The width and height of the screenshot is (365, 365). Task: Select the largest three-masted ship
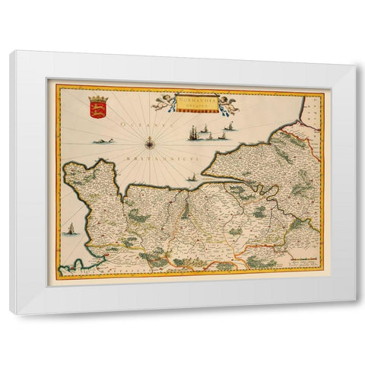click(x=194, y=138)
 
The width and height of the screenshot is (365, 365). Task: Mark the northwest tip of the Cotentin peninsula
click(x=68, y=167)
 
